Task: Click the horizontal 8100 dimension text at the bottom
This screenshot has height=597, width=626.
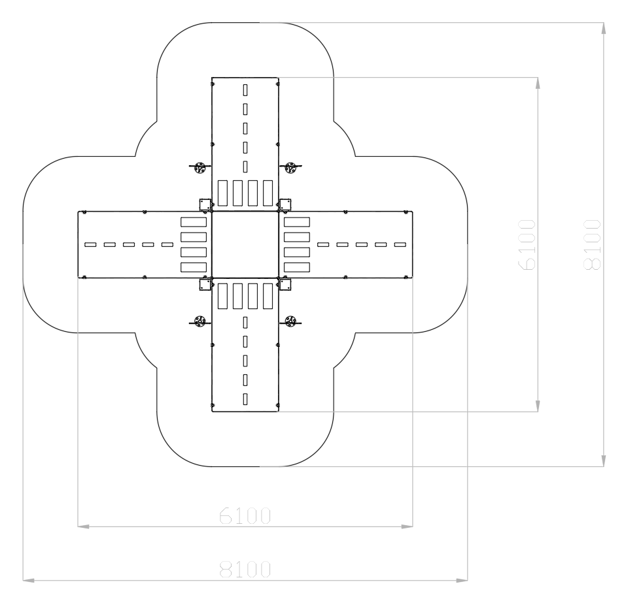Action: pos(245,570)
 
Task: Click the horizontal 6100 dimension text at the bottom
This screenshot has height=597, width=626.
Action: pos(245,515)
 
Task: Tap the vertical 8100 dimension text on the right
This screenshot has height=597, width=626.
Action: pos(592,244)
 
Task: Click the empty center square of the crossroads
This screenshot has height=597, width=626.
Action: pos(245,245)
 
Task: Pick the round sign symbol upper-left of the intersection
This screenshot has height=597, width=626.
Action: pos(200,168)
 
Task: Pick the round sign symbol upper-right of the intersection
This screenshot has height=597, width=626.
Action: pos(290,168)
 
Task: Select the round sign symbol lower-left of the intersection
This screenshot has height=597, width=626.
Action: pos(200,321)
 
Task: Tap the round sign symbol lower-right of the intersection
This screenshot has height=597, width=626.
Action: pos(290,321)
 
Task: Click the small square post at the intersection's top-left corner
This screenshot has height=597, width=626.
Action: pos(205,204)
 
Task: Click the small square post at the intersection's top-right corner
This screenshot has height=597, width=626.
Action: pos(285,204)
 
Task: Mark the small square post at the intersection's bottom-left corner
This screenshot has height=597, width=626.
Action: pos(205,285)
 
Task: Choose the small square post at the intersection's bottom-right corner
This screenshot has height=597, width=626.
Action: pos(285,285)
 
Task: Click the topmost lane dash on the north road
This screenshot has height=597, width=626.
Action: pos(245,90)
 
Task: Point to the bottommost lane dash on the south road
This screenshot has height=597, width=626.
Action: pos(245,399)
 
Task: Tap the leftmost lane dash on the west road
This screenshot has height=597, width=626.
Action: pos(90,245)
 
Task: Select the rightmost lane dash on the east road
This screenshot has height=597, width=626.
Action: pos(400,245)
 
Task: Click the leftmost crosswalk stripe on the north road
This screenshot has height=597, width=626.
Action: pos(222,193)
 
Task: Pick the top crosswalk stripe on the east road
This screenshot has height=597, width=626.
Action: pos(296,222)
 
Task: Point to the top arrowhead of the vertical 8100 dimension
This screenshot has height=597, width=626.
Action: pos(604,28)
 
